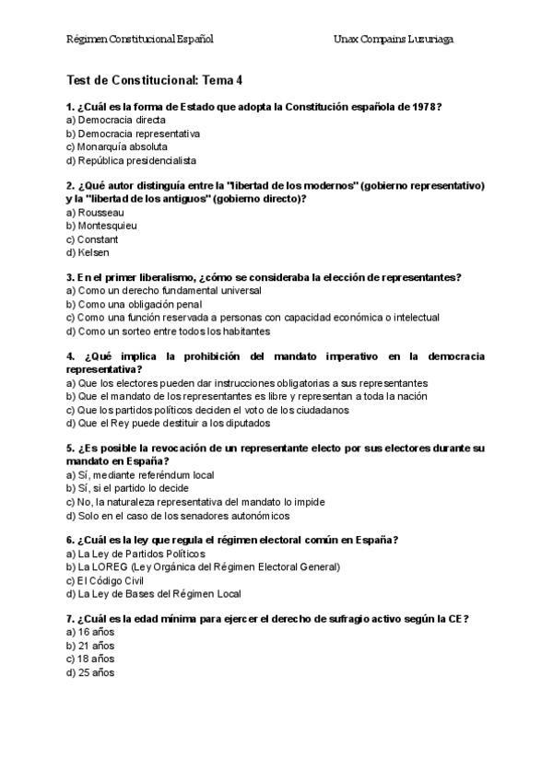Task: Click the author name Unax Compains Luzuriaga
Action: click(394, 40)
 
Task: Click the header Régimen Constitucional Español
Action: click(140, 40)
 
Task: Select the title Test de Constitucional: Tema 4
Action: click(155, 80)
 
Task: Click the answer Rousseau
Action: click(95, 213)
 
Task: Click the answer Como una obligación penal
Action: click(134, 304)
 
